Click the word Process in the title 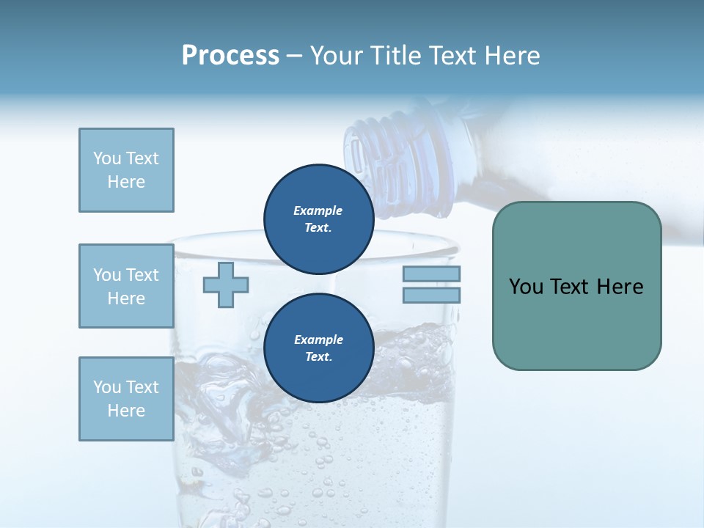[230, 56]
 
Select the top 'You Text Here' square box [126, 170]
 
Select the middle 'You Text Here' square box [126, 286]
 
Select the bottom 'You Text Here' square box [126, 399]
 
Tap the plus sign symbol [226, 285]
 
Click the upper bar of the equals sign [431, 274]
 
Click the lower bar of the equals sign [431, 296]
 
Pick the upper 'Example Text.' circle [318, 219]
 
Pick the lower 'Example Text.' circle [318, 348]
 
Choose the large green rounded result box [576, 286]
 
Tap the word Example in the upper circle [318, 210]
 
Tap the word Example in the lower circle [318, 340]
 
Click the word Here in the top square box [126, 182]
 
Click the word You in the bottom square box [106, 387]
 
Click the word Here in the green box [620, 287]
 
